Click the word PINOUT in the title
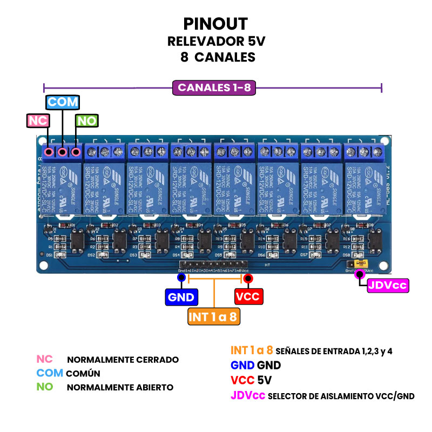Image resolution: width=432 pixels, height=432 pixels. click(x=215, y=24)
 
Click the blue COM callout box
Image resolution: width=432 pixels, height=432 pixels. click(x=62, y=102)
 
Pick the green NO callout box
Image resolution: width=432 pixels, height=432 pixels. click(x=86, y=121)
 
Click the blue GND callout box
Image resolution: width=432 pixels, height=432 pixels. click(x=181, y=296)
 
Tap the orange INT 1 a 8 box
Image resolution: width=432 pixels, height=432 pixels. click(x=214, y=316)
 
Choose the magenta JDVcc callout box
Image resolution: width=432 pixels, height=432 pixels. click(x=388, y=286)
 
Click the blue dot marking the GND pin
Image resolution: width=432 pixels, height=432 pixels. click(x=181, y=278)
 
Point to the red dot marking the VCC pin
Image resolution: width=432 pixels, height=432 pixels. click(x=248, y=278)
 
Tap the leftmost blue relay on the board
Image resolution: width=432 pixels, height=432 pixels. click(x=62, y=186)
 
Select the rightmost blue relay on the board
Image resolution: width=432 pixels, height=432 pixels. click(x=366, y=186)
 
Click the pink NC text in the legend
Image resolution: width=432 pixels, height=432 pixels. click(x=44, y=359)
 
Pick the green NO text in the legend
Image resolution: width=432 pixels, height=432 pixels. click(x=44, y=387)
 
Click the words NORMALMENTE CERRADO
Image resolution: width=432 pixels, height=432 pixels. click(x=123, y=360)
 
